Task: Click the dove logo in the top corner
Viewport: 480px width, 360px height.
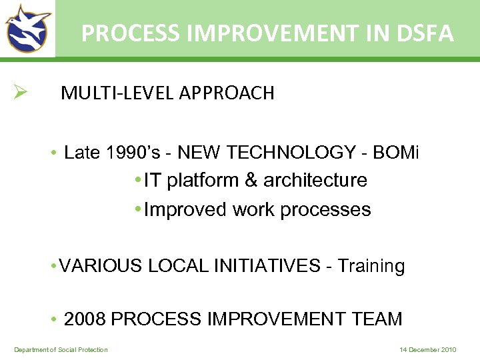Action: (x=27, y=28)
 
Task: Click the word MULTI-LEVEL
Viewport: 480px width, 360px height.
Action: (x=117, y=93)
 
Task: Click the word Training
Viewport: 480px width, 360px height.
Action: (x=371, y=267)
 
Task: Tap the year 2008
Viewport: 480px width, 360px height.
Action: (x=85, y=319)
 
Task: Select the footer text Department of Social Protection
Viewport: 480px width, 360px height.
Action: (x=61, y=350)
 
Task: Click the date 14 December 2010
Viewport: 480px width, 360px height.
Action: (x=427, y=350)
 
